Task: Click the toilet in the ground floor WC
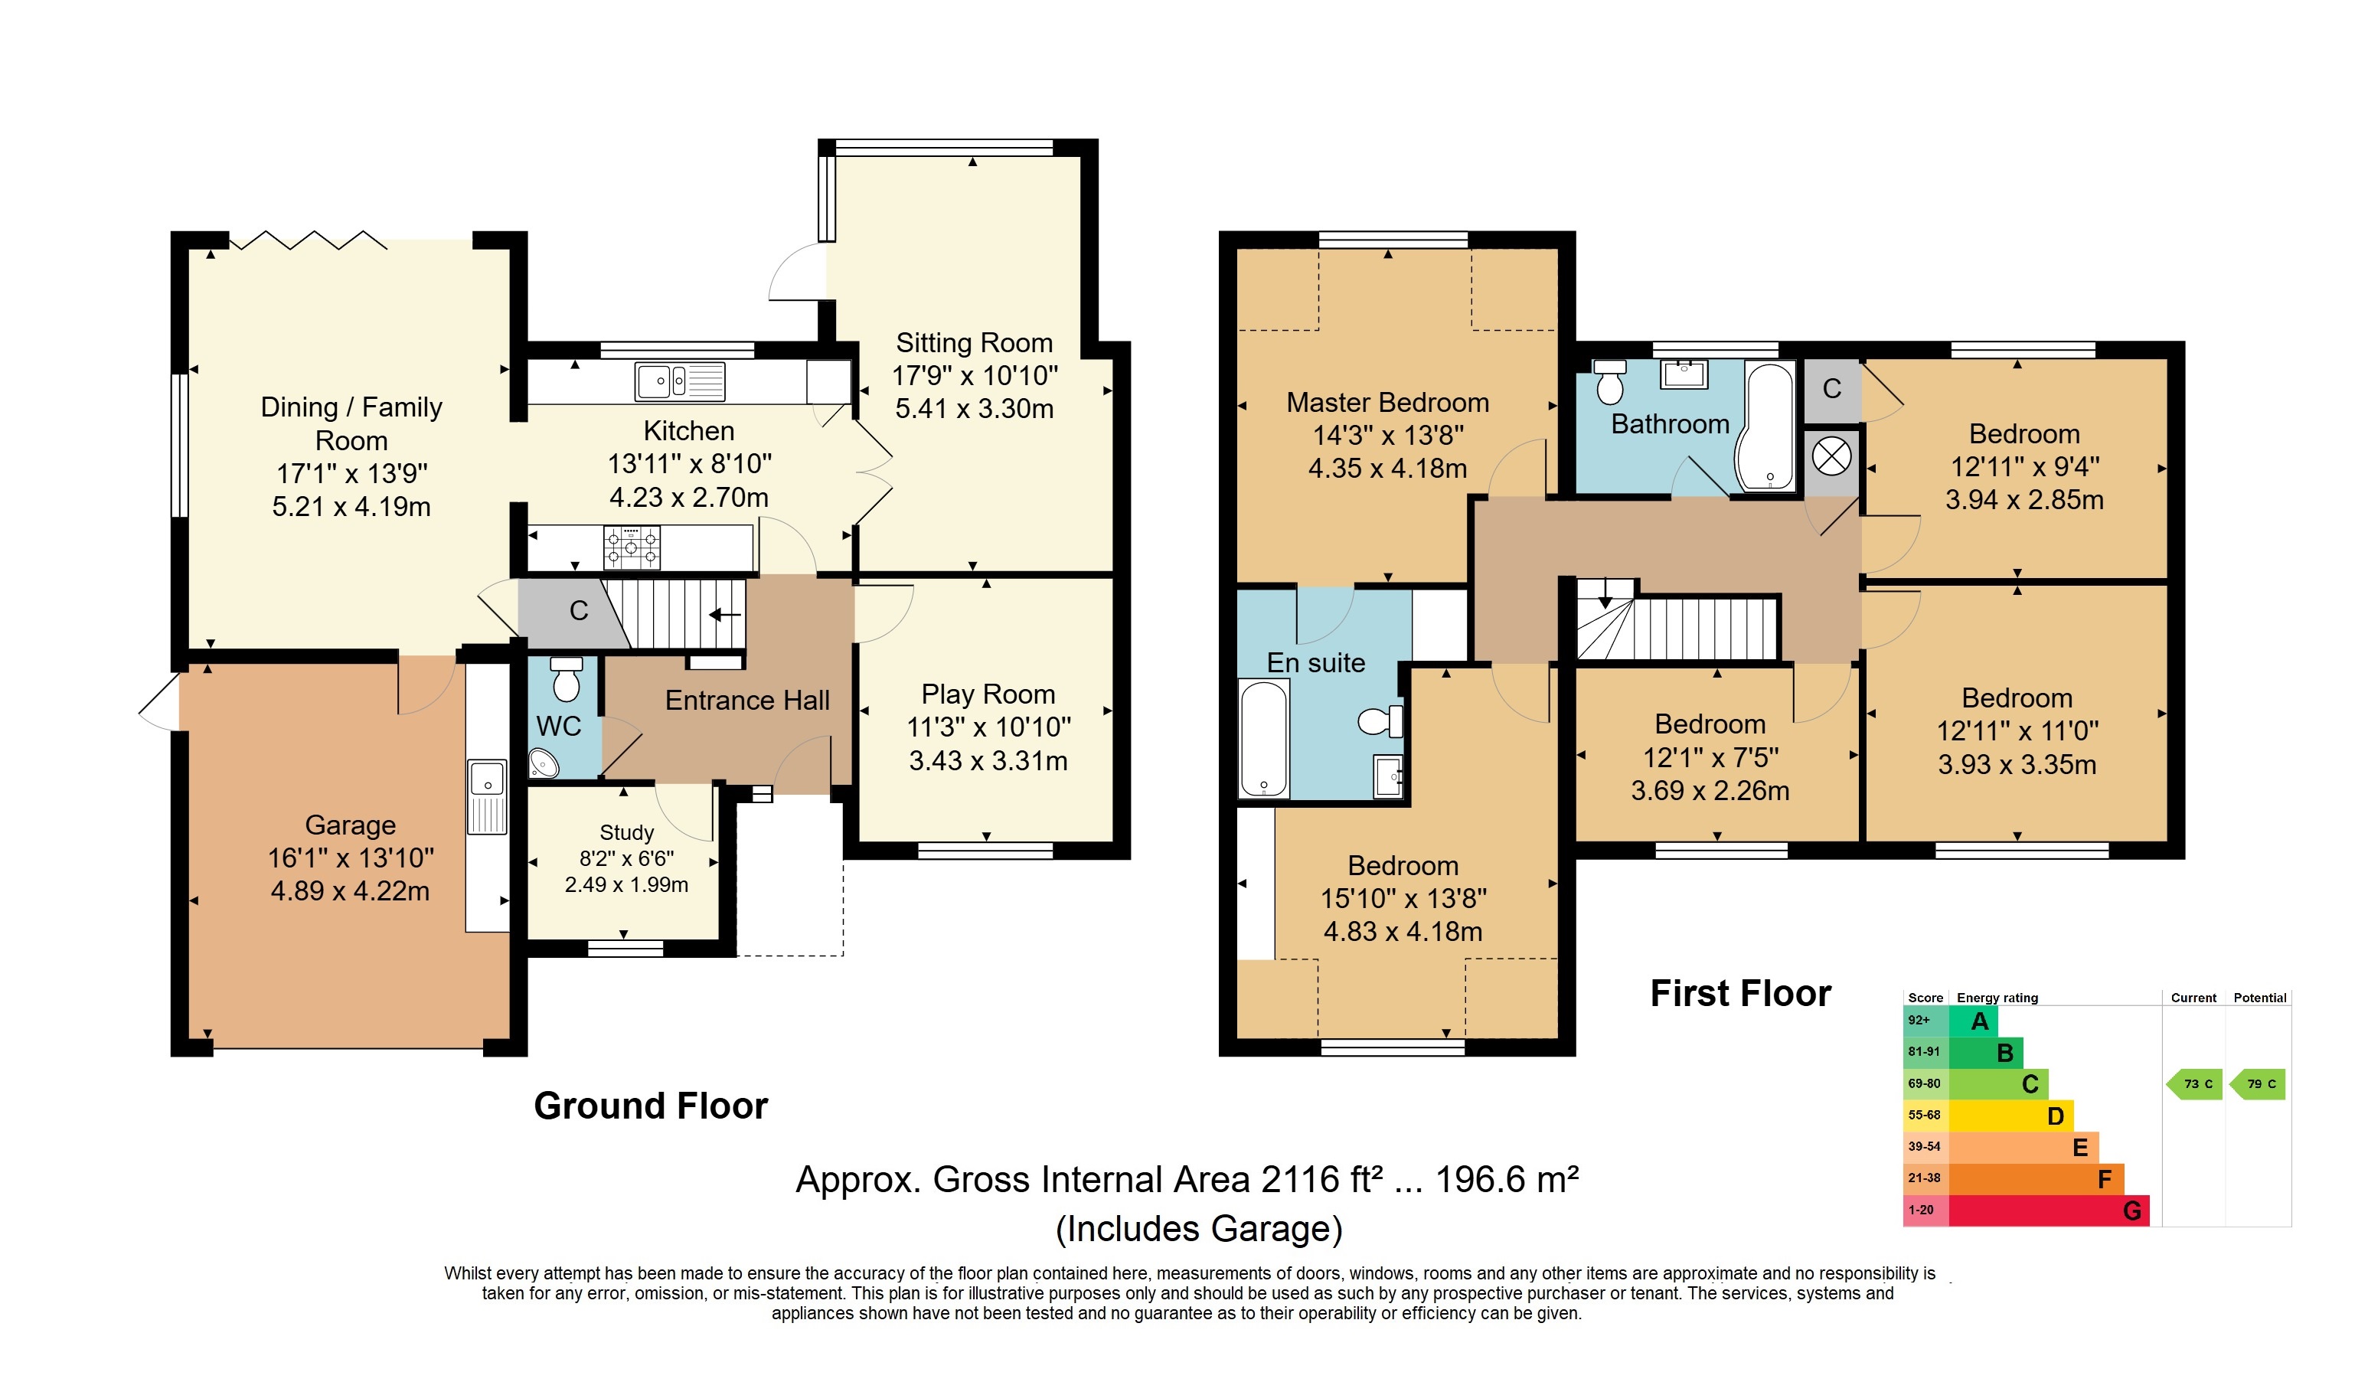(566, 678)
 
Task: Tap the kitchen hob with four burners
(632, 547)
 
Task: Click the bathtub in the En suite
(1264, 738)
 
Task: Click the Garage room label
(351, 825)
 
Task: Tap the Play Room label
(988, 694)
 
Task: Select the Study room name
(627, 832)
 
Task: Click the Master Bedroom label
(1387, 402)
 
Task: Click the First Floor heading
(1740, 993)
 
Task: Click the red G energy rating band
(2049, 1210)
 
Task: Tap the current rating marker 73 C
(2195, 1084)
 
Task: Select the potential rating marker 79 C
(2257, 1084)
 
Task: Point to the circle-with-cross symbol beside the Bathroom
(1831, 458)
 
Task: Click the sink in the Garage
(487, 797)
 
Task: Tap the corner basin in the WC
(544, 763)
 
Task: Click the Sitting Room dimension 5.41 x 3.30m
(975, 409)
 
